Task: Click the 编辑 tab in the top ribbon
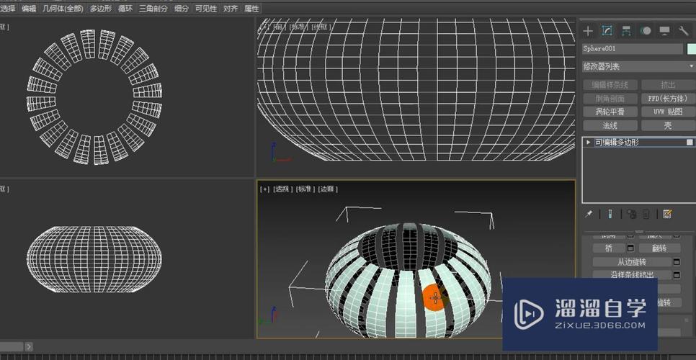29,9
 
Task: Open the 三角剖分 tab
153,9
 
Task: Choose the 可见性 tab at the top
206,9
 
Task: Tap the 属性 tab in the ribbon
252,9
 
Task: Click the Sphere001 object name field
632,49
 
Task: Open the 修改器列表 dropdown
638,66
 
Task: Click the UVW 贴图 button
668,112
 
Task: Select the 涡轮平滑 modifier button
610,112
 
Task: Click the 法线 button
610,125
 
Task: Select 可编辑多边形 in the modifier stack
617,143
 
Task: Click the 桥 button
609,248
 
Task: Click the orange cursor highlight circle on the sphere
434,297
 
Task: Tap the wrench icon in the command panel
684,31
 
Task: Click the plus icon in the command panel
588,31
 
